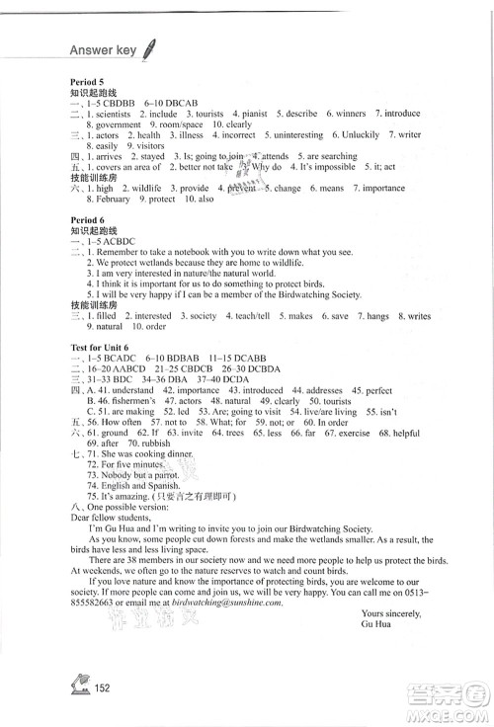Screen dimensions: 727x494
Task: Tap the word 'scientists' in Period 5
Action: tap(118, 114)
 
